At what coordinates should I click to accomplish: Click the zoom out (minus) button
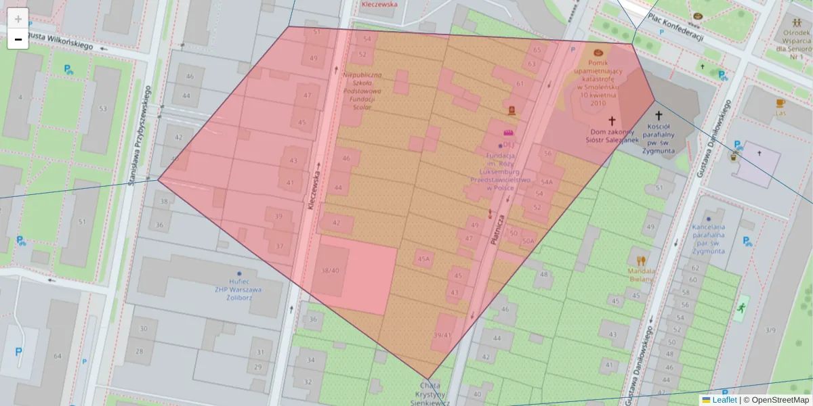coord(18,39)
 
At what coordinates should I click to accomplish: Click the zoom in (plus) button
coord(18,18)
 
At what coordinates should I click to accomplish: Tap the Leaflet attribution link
coord(719,400)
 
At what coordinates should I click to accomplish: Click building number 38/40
coord(330,270)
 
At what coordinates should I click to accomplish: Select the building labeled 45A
coord(424,258)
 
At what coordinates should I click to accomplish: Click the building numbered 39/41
coord(442,335)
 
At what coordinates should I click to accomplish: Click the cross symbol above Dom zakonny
coord(612,120)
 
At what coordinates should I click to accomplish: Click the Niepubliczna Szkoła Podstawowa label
coord(362,91)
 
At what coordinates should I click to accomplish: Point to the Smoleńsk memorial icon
coord(598,52)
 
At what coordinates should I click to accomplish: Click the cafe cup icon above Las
coord(780,103)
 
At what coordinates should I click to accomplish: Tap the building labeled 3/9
coord(770,330)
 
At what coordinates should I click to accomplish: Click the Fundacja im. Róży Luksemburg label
coord(501,172)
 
